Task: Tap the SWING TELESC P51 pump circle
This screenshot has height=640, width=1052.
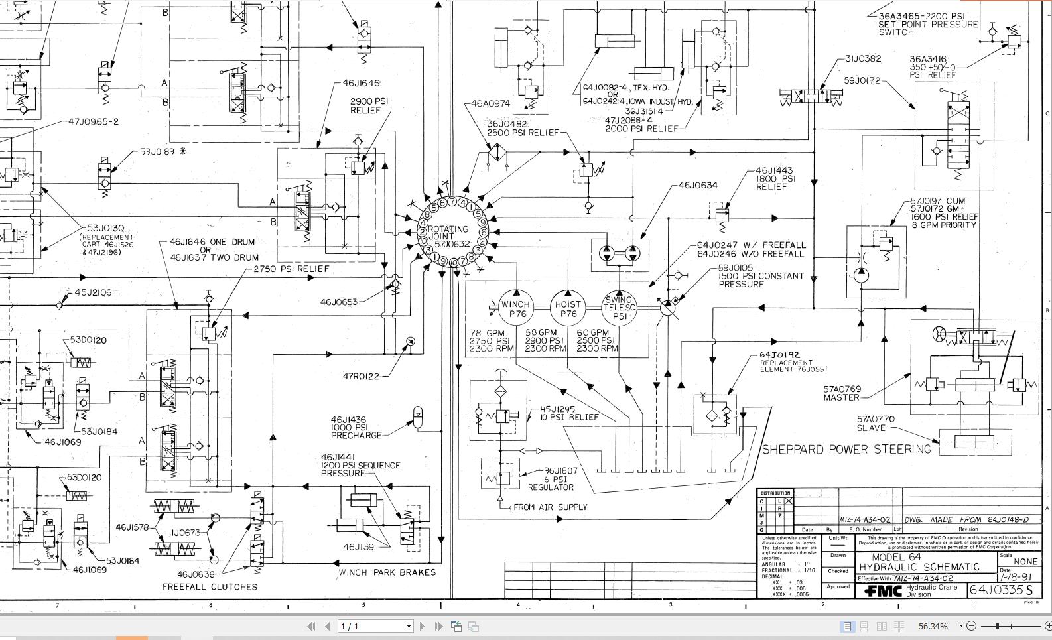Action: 619,308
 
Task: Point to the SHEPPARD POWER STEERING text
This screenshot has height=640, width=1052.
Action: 846,450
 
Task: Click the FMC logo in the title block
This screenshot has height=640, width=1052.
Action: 883,590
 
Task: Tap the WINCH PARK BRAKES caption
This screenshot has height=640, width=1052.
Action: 387,572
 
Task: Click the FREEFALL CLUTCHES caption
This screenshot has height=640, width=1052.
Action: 210,587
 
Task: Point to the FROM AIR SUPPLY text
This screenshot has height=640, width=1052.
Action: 550,507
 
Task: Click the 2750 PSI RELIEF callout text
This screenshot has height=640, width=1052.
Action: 291,269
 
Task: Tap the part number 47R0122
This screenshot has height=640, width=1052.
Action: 361,377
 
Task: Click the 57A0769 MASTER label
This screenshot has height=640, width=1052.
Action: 842,393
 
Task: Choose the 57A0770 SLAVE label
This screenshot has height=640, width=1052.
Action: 875,423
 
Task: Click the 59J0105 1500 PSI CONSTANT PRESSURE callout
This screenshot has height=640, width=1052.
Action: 760,276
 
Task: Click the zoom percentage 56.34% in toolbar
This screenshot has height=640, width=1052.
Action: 933,626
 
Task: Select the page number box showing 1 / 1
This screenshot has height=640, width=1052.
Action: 375,626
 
